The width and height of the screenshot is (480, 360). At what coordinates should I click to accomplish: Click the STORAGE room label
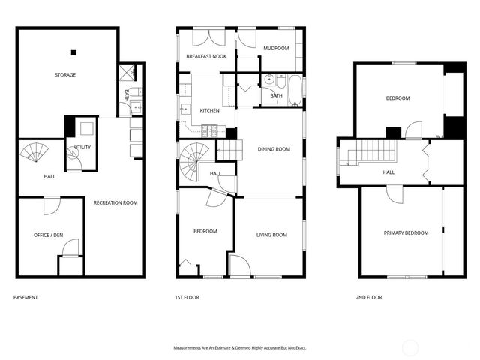(x=64, y=75)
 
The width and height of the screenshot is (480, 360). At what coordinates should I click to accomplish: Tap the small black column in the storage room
(x=73, y=52)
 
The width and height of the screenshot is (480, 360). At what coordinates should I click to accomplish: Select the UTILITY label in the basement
(x=82, y=147)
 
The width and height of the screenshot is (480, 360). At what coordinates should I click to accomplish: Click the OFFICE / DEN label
(x=49, y=235)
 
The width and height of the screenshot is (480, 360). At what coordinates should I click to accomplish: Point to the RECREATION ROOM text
(x=115, y=202)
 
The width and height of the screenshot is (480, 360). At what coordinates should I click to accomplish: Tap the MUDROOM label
(x=276, y=48)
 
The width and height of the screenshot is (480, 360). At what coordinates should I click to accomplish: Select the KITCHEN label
(x=209, y=111)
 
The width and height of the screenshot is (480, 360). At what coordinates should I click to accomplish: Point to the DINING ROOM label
(x=274, y=149)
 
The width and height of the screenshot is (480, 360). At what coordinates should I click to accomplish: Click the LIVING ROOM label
(x=271, y=235)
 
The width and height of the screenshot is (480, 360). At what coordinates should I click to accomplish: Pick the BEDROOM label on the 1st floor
(x=205, y=231)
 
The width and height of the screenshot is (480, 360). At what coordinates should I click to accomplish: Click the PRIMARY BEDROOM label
(x=406, y=232)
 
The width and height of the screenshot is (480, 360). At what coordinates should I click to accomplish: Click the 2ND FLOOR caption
(x=368, y=297)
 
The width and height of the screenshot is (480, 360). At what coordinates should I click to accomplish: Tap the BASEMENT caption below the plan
(x=25, y=297)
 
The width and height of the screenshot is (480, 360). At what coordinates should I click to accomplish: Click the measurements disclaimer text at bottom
(x=239, y=348)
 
